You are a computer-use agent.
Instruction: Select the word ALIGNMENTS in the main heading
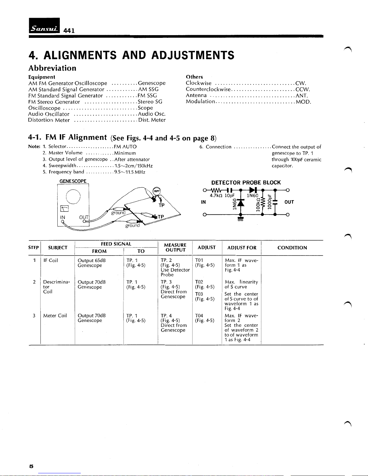click(80, 55)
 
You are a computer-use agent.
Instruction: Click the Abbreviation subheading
click(52, 68)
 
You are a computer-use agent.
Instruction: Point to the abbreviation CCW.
click(303, 89)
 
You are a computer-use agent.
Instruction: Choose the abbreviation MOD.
click(303, 102)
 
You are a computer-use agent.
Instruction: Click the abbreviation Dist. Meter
click(152, 120)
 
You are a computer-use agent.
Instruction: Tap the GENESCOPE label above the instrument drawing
click(73, 181)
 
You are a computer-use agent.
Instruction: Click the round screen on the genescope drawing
click(73, 197)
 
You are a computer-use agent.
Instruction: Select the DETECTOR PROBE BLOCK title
click(246, 183)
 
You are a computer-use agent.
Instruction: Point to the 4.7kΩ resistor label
click(216, 196)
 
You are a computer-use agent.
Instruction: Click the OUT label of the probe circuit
click(289, 202)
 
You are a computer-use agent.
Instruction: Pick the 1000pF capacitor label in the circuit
click(270, 202)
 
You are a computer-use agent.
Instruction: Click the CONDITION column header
click(292, 248)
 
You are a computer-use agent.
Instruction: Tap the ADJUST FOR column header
click(242, 248)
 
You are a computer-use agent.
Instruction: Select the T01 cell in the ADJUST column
click(199, 260)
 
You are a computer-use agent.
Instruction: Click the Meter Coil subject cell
click(55, 316)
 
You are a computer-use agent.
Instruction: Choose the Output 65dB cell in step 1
click(92, 260)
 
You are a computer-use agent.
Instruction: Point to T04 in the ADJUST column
click(199, 316)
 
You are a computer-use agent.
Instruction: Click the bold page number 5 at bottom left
click(31, 466)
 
